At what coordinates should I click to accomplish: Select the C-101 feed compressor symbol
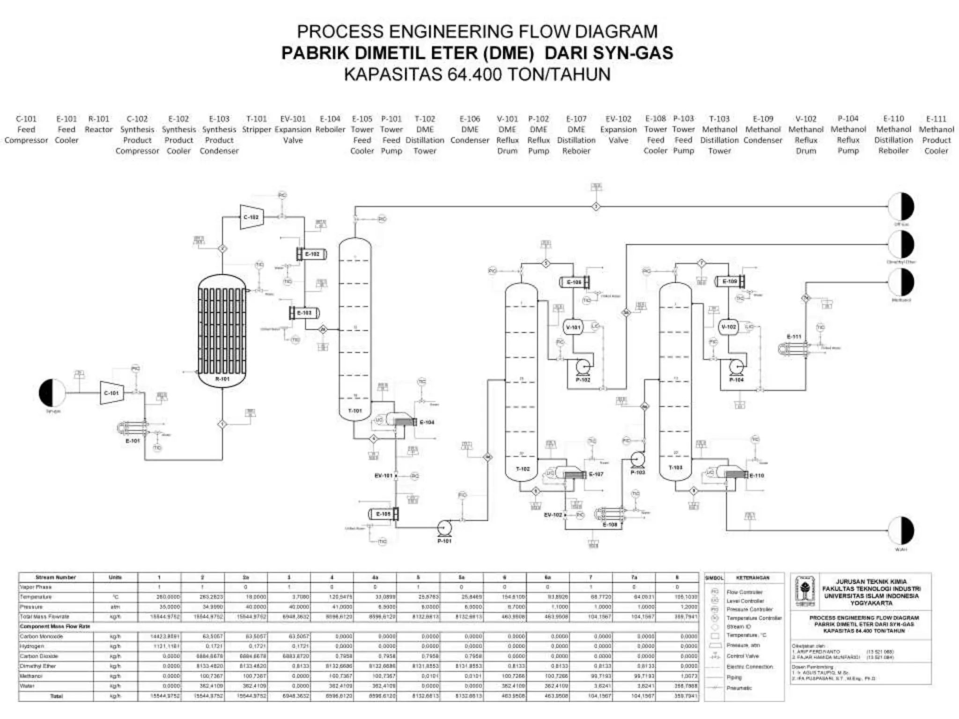coord(111,393)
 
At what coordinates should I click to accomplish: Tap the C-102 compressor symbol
coord(251,217)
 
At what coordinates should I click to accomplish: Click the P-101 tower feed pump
coord(443,528)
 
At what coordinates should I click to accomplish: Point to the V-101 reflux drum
coord(573,327)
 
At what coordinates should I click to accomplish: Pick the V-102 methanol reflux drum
coord(728,327)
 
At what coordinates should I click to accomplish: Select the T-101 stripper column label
coord(355,411)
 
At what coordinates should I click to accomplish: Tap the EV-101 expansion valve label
coord(383,476)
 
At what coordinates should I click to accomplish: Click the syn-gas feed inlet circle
coord(52,393)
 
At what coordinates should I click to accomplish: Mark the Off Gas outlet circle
coord(901,206)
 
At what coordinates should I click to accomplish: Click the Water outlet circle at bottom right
coord(901,530)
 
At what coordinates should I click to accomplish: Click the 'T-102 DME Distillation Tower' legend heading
coord(425,135)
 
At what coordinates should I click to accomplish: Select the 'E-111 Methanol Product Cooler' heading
coord(936,135)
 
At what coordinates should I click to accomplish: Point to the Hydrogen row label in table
coord(32,646)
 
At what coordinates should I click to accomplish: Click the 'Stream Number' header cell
coord(55,577)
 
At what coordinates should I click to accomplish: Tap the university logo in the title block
coord(805,591)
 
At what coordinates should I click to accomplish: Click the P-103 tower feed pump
coord(637,460)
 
